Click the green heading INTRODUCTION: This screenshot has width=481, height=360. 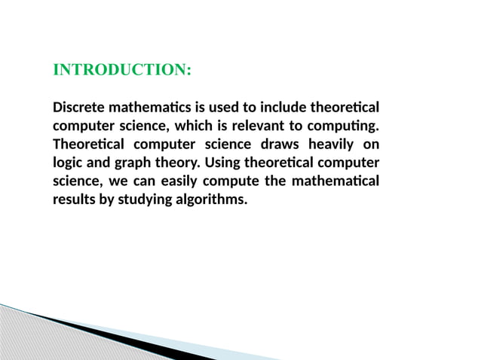point(122,70)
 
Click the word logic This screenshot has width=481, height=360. point(68,163)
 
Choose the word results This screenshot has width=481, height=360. point(73,201)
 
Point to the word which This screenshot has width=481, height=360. point(191,124)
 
